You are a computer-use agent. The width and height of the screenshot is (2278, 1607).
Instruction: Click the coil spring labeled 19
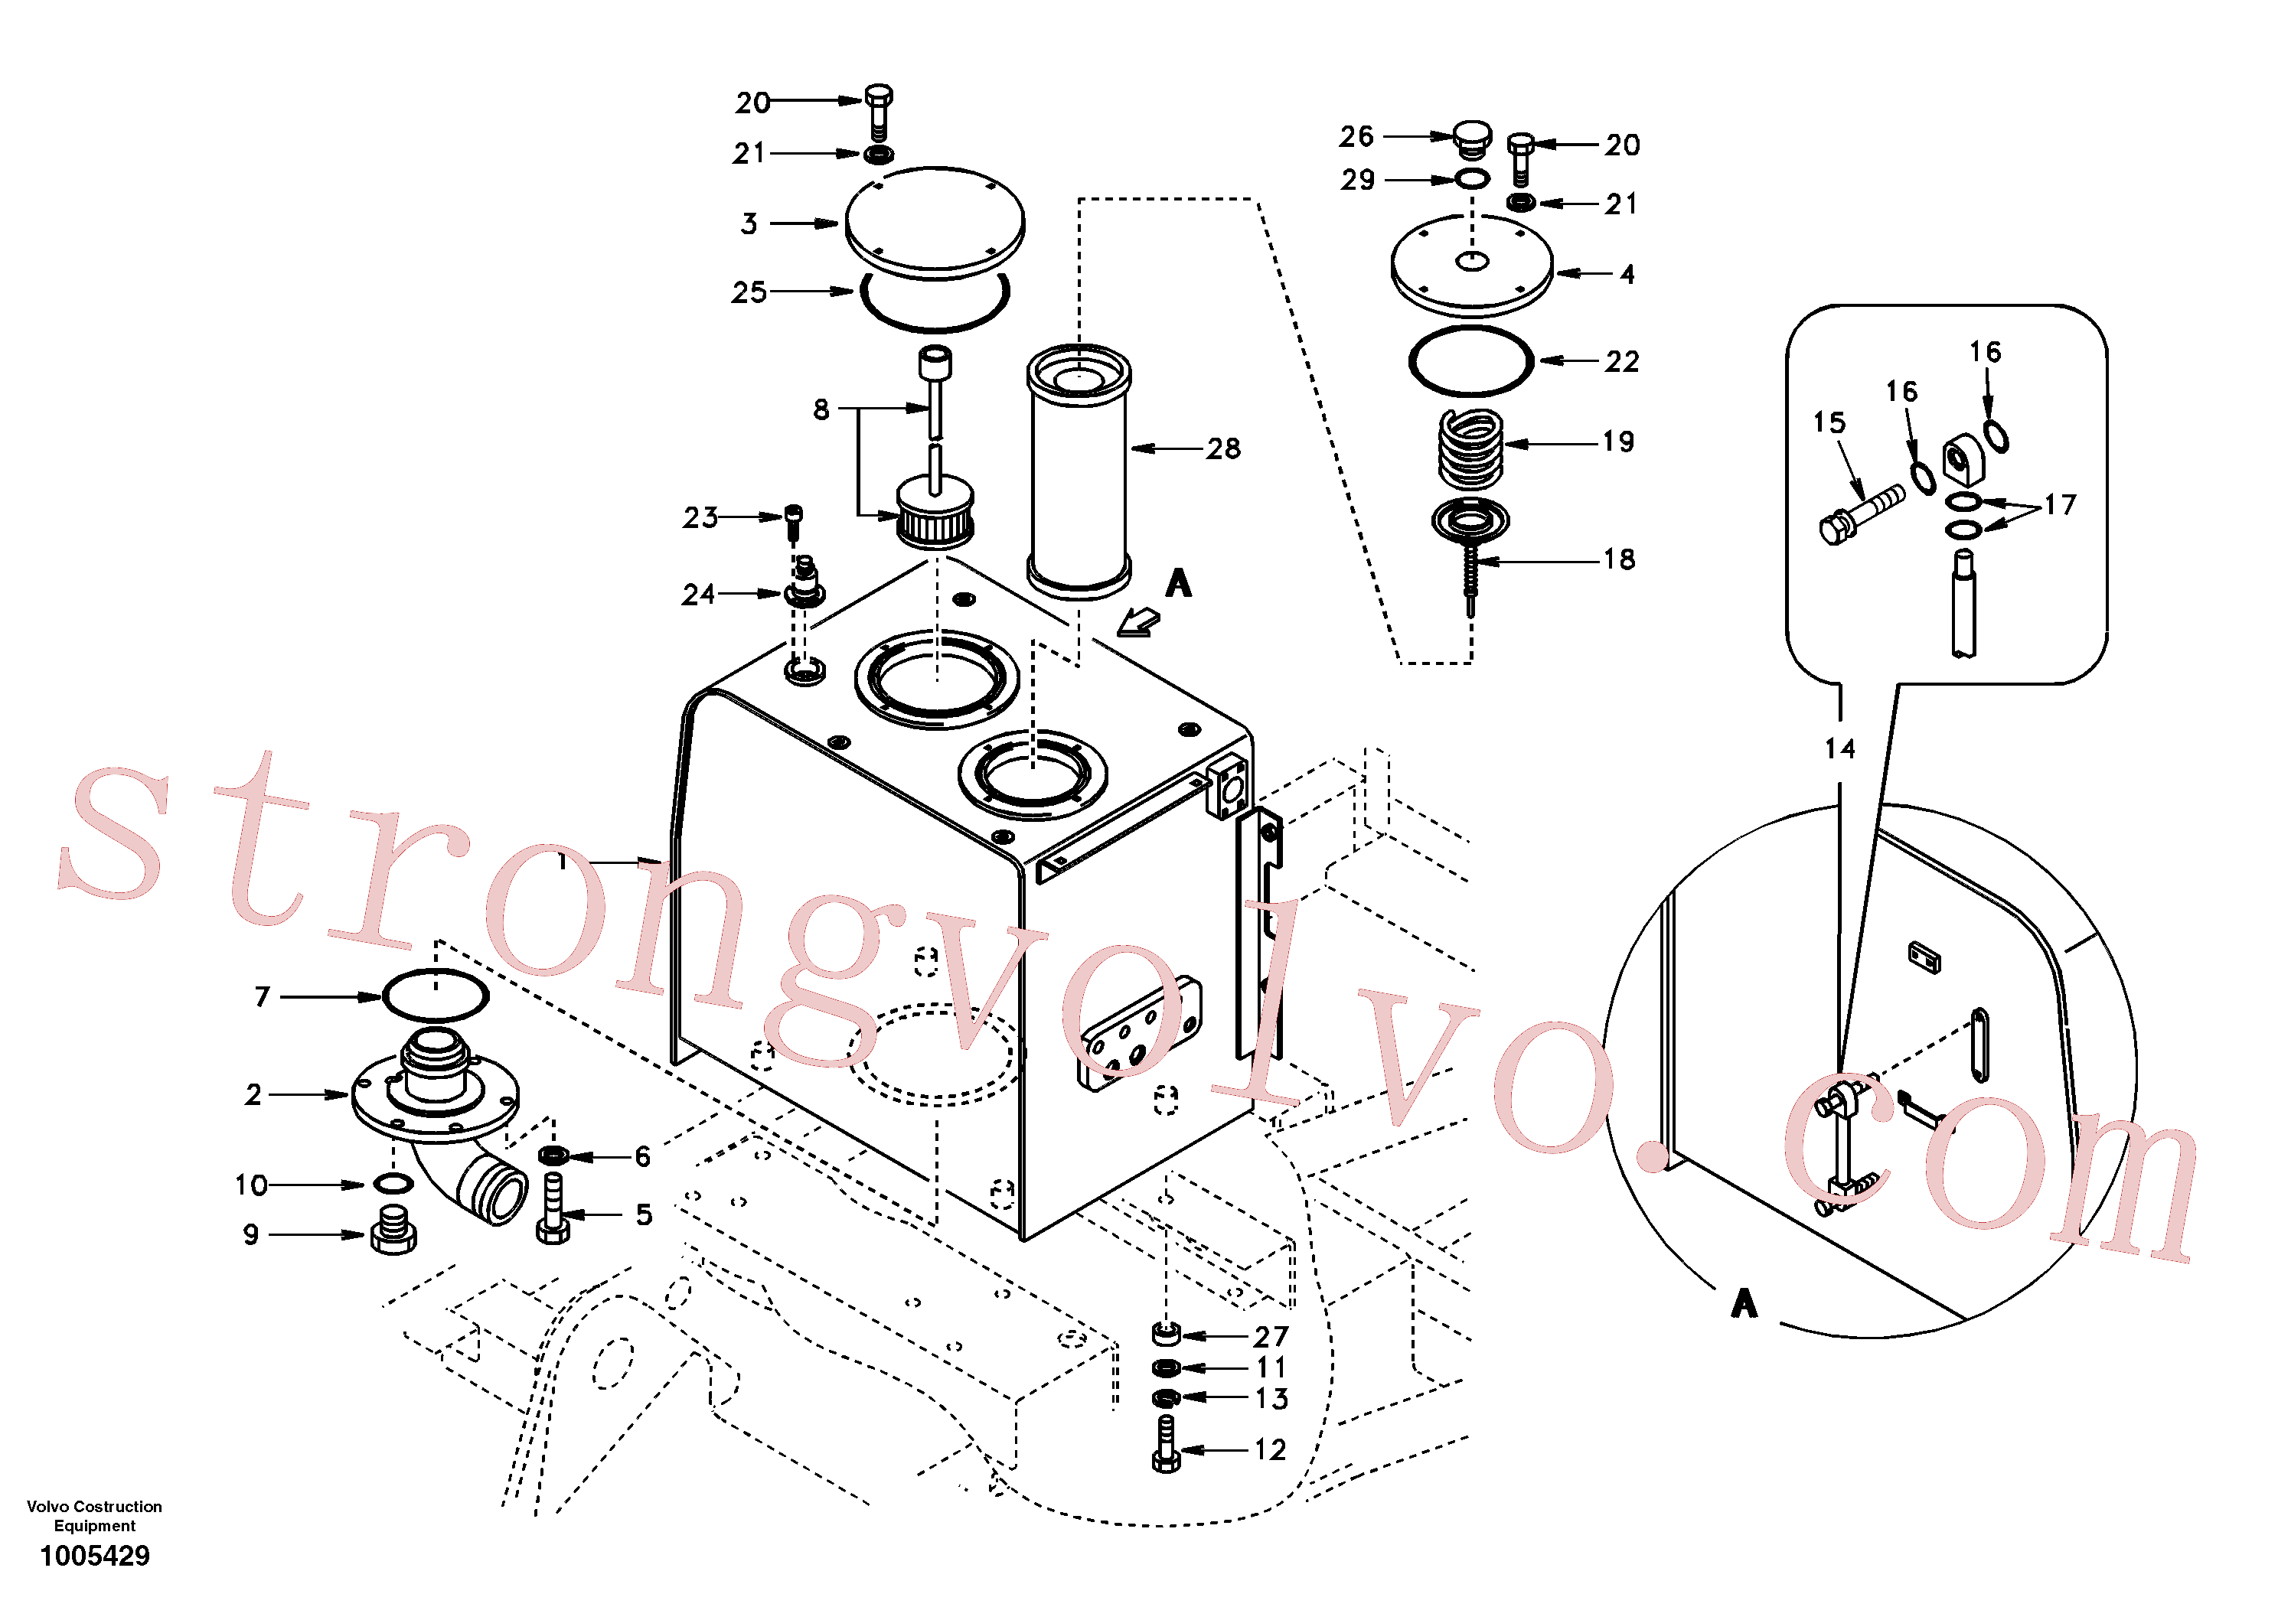pos(1470,449)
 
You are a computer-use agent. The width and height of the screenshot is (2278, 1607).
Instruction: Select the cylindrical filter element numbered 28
pos(1079,471)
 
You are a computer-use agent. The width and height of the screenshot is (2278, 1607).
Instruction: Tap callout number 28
pos(1223,449)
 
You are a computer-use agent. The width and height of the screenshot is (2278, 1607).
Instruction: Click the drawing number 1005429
pos(94,1556)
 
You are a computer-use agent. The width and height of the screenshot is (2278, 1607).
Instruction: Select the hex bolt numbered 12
pos(1167,1444)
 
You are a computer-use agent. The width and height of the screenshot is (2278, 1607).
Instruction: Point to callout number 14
pos(1839,748)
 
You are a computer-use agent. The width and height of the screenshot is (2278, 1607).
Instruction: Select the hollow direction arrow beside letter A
pos(1139,623)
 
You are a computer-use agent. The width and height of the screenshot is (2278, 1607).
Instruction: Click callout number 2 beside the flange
pos(254,1095)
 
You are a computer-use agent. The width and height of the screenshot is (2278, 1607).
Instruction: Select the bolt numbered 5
pos(553,1208)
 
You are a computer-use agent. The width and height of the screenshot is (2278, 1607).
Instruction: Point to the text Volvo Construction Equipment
pos(94,1516)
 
